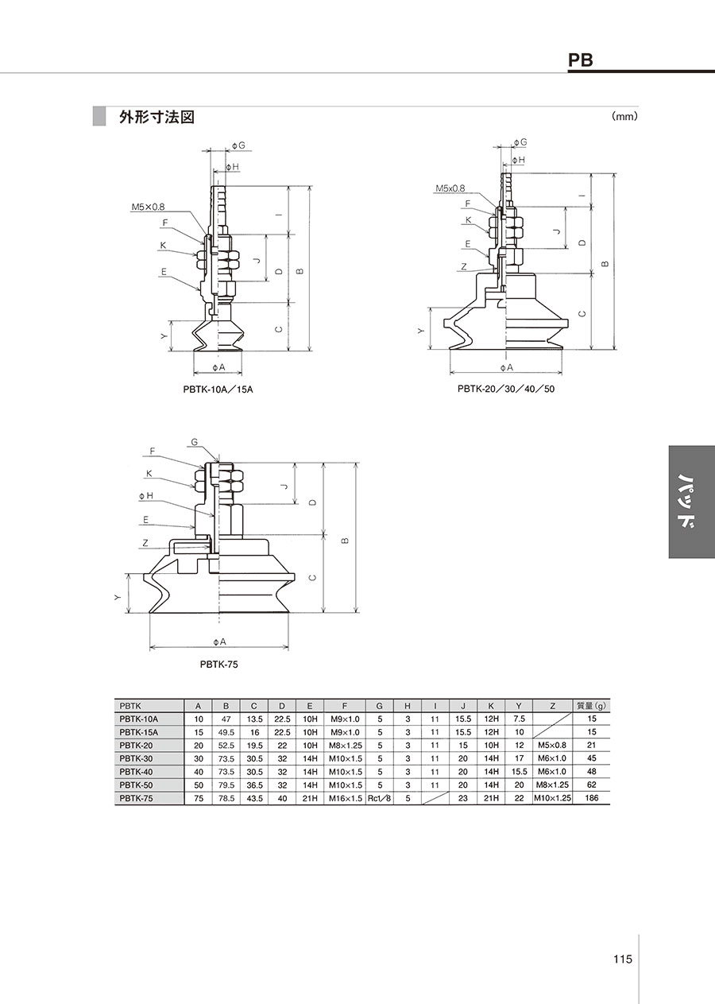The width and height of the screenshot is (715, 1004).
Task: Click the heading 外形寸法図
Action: (157, 117)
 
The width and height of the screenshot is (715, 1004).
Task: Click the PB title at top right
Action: (580, 60)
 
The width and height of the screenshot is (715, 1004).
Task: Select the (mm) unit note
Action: (624, 117)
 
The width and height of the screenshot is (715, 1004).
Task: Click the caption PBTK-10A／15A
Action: (218, 390)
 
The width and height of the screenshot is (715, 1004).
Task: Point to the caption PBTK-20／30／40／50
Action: (506, 389)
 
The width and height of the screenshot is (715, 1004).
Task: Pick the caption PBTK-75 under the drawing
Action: (219, 665)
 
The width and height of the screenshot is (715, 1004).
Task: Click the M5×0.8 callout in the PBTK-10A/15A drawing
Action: (148, 207)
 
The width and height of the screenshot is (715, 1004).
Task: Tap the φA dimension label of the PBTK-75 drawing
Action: (219, 642)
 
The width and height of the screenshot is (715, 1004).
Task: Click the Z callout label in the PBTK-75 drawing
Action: (145, 543)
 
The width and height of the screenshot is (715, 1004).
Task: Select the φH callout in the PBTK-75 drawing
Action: (146, 495)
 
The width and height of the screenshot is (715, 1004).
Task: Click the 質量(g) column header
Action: (591, 706)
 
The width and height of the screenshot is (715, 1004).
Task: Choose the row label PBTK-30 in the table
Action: (136, 758)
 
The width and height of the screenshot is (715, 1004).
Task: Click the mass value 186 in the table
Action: (591, 798)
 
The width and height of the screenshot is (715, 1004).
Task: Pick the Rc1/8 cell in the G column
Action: (379, 798)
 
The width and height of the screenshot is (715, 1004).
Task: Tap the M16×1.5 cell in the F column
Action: (345, 798)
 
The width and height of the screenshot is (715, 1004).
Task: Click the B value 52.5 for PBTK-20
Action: (226, 746)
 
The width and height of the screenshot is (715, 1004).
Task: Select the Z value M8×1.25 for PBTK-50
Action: (552, 785)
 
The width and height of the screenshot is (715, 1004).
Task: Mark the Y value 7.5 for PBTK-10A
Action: (519, 719)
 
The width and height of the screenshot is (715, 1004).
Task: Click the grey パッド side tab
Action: (692, 502)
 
